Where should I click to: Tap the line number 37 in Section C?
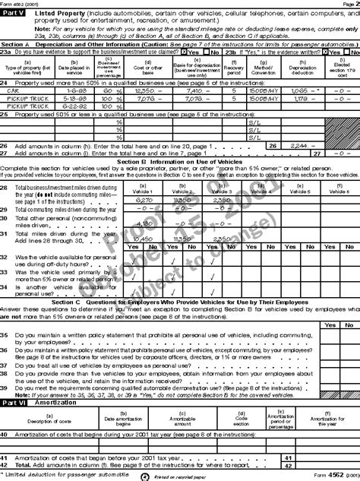click(5, 365)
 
